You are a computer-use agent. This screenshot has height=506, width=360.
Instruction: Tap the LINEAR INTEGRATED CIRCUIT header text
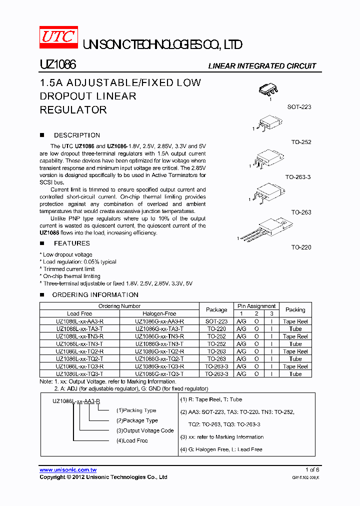coord(262,66)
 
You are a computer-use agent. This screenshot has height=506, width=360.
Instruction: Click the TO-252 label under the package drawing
coord(301,142)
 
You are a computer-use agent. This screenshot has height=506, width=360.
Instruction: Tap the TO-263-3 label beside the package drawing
coord(298,177)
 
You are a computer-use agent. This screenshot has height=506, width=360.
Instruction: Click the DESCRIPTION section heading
coord(76,135)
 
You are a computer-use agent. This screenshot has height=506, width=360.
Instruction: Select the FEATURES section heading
coord(71,243)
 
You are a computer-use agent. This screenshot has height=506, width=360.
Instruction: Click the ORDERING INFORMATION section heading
coord(95,294)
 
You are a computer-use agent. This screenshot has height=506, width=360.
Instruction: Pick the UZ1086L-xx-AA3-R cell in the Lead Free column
coord(80,321)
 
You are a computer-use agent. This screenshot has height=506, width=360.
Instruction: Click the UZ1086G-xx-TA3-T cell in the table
coord(159,329)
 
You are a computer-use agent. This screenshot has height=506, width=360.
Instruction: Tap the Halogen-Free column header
coord(159,313)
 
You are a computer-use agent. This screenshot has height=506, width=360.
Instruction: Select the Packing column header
coord(295,309)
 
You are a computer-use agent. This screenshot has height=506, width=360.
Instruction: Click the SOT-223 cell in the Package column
coord(216,321)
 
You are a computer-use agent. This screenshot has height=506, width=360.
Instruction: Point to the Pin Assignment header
coord(256,306)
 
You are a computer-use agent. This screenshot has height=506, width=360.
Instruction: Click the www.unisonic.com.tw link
coord(68,470)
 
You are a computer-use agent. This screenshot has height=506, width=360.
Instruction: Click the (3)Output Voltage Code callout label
coord(145,430)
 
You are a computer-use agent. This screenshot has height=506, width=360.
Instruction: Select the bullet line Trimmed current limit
coord(68,269)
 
